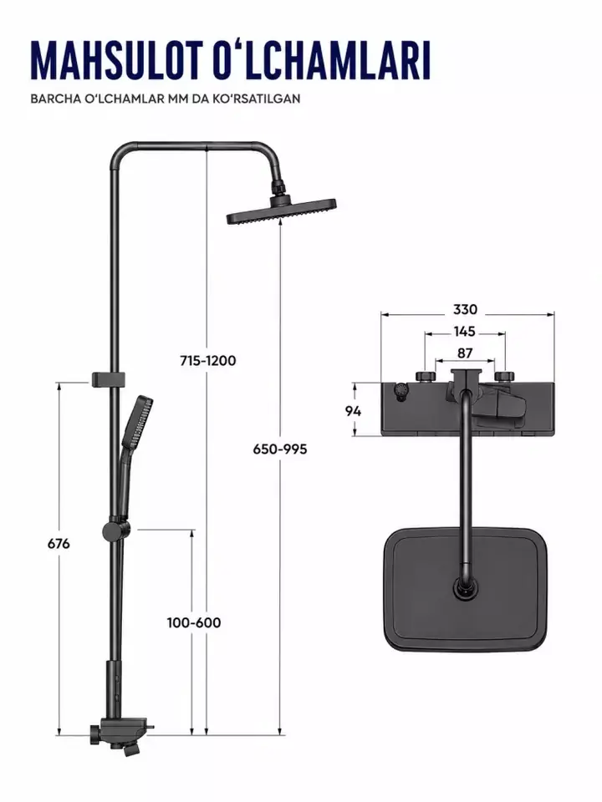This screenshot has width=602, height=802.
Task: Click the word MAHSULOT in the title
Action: (118, 60)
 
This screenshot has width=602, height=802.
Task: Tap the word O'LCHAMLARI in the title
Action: (321, 60)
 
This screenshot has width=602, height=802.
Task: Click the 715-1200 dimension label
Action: (208, 361)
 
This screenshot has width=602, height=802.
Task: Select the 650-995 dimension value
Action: (280, 449)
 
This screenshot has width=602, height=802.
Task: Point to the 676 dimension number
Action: (59, 544)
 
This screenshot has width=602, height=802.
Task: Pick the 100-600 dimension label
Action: (194, 623)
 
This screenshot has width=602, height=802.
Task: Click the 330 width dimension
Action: (465, 309)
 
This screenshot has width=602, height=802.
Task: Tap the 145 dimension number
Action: (464, 332)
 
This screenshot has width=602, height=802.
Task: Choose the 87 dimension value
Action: (464, 353)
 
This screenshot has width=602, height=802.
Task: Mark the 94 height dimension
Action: (353, 411)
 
